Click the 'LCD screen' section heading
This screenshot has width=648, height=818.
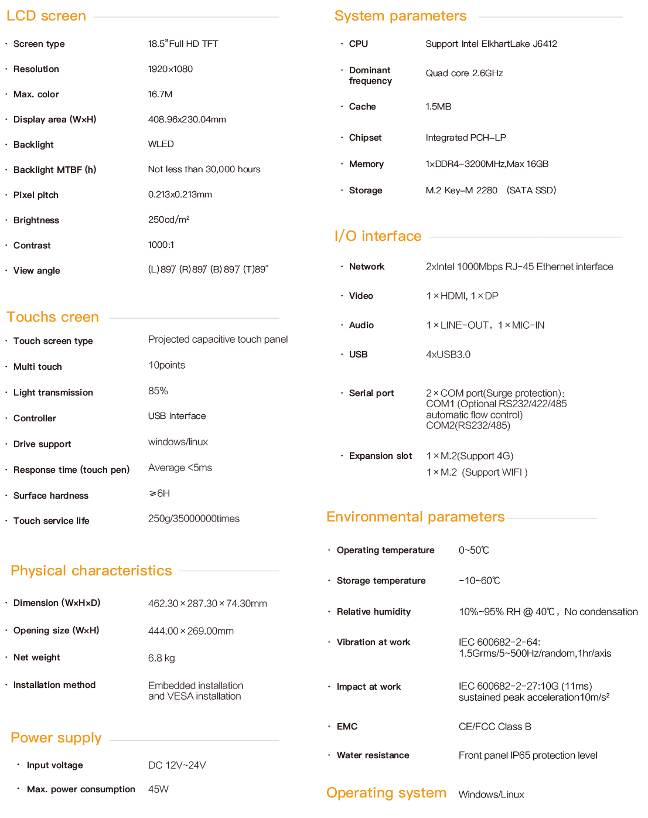click(46, 16)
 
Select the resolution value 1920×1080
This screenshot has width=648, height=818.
click(170, 69)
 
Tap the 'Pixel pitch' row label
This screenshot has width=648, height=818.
click(36, 195)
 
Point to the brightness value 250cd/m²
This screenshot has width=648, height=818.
click(168, 220)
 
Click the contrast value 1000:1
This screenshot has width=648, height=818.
click(161, 245)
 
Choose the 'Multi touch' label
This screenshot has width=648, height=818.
click(37, 367)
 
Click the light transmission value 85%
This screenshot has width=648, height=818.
click(158, 391)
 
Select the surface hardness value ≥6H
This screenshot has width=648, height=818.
click(159, 493)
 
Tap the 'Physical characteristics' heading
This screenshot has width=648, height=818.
click(91, 571)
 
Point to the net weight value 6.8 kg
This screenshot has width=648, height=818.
click(161, 658)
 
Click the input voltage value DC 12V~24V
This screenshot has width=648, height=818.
click(177, 765)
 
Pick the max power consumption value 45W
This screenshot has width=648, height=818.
click(158, 789)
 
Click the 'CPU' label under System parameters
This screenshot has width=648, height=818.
click(359, 44)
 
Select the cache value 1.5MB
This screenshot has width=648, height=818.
click(438, 107)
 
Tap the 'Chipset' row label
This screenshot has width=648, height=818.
click(365, 138)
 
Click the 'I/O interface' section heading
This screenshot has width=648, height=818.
click(378, 236)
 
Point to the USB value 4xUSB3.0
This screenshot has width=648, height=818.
click(448, 355)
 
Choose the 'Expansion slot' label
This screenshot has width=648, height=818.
click(380, 456)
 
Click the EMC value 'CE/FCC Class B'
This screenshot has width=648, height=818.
click(494, 727)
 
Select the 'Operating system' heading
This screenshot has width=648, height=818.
click(386, 793)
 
